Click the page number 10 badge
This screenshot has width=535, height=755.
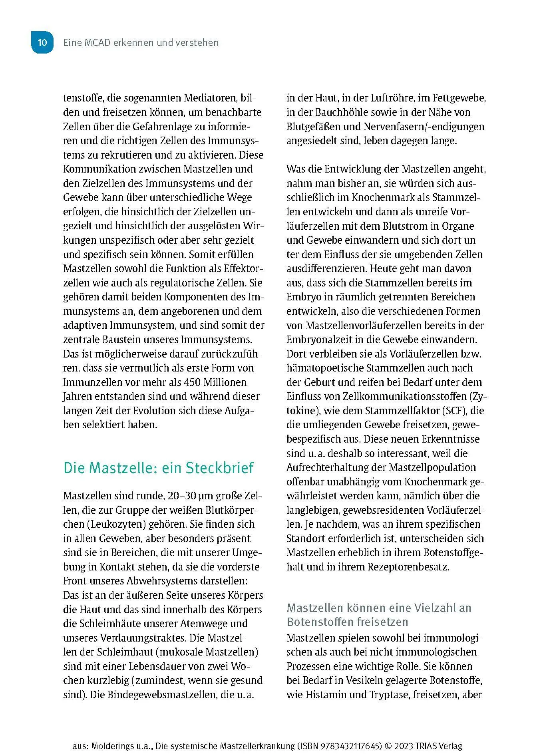click(x=42, y=43)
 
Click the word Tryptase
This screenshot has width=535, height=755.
click(x=384, y=695)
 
